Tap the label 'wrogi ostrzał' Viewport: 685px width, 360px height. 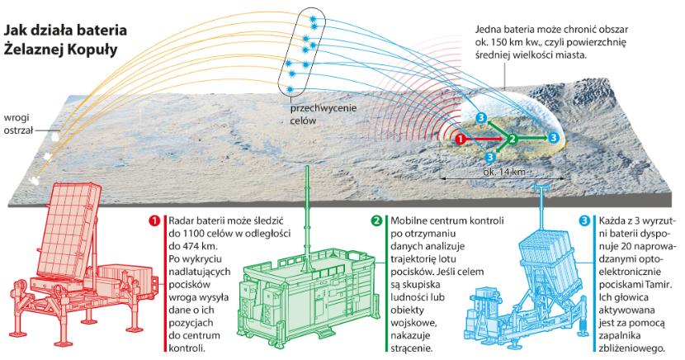(x=21, y=123)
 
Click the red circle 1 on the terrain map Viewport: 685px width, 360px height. (x=461, y=138)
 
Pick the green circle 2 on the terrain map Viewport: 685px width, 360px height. (x=513, y=138)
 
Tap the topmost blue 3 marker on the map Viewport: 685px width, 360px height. (x=482, y=117)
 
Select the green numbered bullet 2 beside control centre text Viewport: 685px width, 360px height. (x=376, y=221)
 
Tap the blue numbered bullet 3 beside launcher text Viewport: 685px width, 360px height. (x=585, y=221)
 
